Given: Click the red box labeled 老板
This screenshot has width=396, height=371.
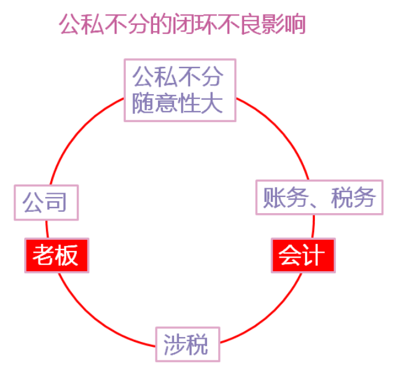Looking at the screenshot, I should (56, 255).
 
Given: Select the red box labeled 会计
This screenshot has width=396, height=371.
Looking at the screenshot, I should (303, 255).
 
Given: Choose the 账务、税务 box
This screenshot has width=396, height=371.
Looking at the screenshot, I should (320, 198).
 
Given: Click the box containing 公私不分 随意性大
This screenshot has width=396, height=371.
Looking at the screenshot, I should (180, 90).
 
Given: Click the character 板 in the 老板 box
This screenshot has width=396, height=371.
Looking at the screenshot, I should (68, 255).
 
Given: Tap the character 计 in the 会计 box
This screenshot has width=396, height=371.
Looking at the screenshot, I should (315, 255).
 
